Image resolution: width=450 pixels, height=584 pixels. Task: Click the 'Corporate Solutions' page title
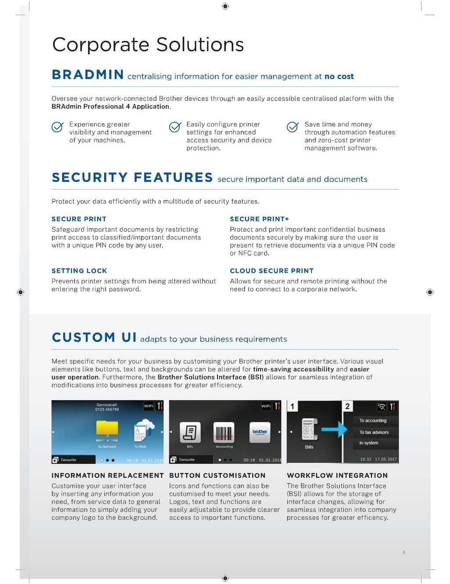click(148, 45)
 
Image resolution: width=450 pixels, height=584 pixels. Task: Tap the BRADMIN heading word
click(88, 75)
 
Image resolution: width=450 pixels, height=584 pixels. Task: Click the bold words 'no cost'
click(339, 76)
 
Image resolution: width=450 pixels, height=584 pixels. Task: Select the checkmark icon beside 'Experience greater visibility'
click(58, 127)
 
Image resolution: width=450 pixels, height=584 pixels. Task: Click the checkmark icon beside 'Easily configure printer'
click(175, 127)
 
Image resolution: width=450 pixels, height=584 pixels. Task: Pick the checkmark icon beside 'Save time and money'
click(293, 127)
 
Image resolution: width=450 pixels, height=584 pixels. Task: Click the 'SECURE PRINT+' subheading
click(259, 219)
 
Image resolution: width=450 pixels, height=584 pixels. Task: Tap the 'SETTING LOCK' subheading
click(79, 271)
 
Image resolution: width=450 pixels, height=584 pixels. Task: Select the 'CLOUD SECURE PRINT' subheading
click(272, 271)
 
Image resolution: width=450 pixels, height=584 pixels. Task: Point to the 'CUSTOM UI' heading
click(94, 337)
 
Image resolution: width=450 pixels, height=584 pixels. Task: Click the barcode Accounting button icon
click(224, 432)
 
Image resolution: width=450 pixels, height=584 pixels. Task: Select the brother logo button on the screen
click(260, 432)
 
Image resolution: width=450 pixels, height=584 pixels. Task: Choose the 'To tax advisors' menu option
click(374, 432)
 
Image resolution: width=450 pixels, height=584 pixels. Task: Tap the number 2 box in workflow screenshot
click(348, 406)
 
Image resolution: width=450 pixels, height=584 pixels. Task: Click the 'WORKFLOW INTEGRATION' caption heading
click(337, 475)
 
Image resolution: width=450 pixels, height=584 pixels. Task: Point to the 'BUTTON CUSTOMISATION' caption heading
click(217, 475)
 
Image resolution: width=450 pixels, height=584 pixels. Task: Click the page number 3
click(403, 552)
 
